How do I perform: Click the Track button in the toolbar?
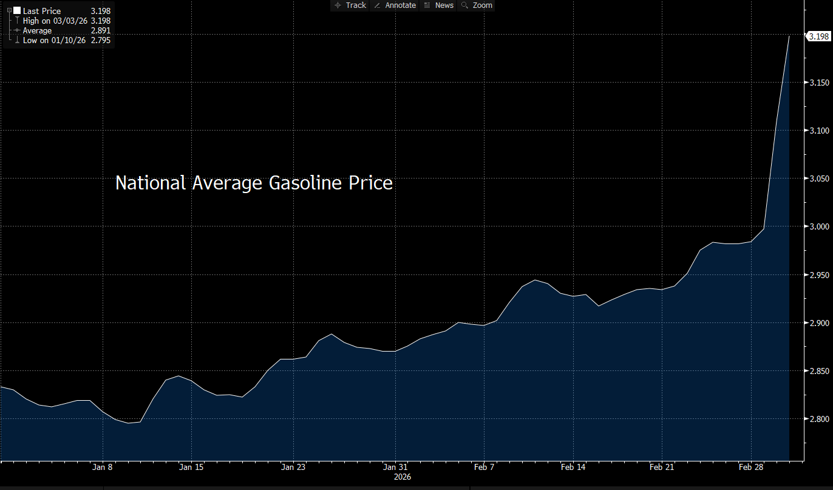point(350,5)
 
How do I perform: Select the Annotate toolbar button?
point(395,5)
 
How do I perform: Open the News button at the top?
point(439,5)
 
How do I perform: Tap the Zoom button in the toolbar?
point(477,5)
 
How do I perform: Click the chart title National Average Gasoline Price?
point(254,183)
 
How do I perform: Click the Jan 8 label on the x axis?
point(103,467)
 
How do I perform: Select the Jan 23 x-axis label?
point(293,467)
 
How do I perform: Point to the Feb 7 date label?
point(484,467)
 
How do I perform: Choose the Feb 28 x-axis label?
point(750,467)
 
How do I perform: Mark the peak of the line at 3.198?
point(789,36)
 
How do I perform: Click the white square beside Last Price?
point(16,11)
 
